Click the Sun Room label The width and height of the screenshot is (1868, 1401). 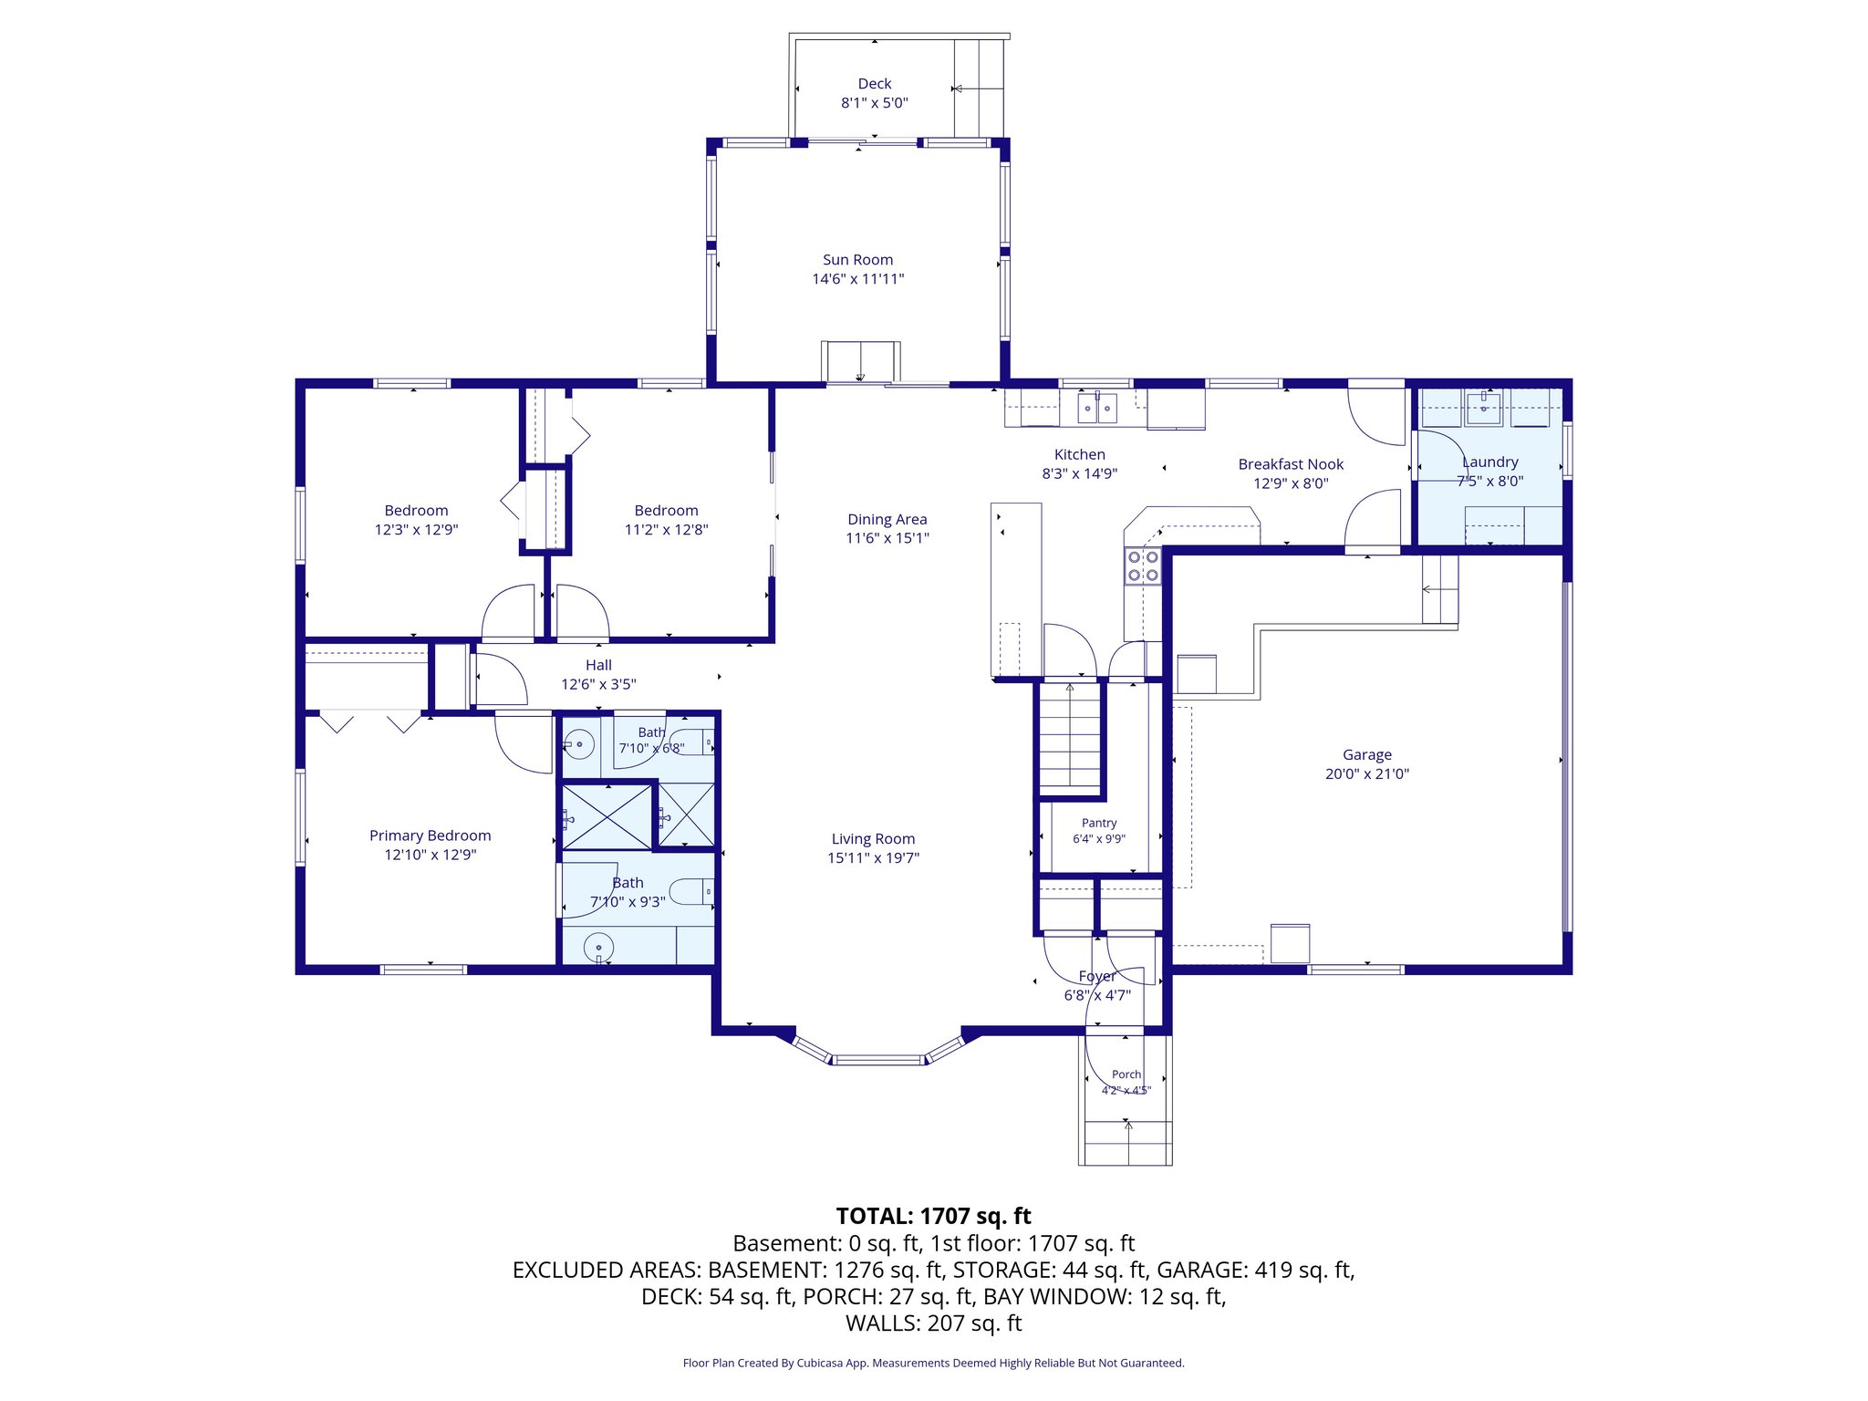click(x=857, y=260)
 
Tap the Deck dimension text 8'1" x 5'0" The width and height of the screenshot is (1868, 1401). click(x=874, y=103)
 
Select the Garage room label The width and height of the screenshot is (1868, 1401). click(x=1366, y=755)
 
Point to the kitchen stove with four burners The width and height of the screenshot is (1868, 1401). click(x=1143, y=566)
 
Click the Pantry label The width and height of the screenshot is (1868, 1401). click(x=1099, y=823)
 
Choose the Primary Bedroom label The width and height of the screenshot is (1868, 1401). click(x=430, y=835)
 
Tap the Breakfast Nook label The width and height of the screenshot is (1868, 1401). click(x=1291, y=464)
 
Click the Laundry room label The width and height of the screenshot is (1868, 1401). click(x=1490, y=462)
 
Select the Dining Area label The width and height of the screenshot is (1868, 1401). click(x=887, y=519)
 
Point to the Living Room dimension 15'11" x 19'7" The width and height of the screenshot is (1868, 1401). click(x=873, y=857)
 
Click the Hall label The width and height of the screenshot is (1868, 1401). click(x=598, y=665)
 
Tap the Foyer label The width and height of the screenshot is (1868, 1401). click(x=1097, y=976)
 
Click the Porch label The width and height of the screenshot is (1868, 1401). click(x=1126, y=1074)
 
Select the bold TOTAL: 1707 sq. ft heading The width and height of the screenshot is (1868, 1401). click(x=933, y=1216)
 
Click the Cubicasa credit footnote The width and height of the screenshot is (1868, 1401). click(x=933, y=1363)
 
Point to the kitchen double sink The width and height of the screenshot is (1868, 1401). click(x=1097, y=408)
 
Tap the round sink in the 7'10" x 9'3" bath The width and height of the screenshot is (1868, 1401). click(x=598, y=948)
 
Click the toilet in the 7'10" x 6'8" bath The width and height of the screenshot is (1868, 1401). click(x=692, y=742)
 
